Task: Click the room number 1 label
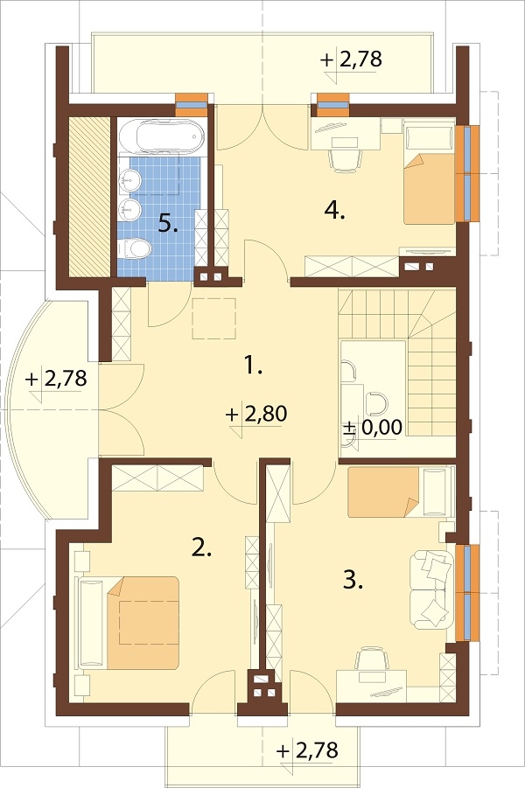253,366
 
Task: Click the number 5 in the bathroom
168,223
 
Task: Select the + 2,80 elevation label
256,414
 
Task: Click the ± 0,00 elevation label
372,428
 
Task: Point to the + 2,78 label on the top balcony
351,59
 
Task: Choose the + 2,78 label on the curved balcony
56,378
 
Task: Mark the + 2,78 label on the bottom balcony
307,750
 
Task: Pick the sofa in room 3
430,589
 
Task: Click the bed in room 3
400,492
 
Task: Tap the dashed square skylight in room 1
214,318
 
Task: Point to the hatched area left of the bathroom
89,196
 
